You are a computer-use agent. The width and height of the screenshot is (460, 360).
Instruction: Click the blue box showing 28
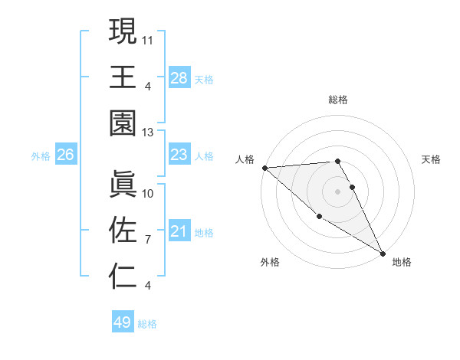tap(179, 77)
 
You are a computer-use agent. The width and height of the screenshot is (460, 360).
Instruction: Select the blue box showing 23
tap(179, 155)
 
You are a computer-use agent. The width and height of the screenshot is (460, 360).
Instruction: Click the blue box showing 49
tap(123, 322)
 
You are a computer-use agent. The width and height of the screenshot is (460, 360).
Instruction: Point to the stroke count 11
tap(148, 38)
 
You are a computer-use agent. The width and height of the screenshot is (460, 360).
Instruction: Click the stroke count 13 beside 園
tap(148, 133)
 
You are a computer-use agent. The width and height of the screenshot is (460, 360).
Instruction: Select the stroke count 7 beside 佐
tap(148, 240)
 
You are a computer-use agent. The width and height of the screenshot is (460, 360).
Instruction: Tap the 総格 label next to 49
tap(147, 324)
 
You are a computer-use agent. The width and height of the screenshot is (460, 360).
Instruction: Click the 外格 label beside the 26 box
tap(41, 156)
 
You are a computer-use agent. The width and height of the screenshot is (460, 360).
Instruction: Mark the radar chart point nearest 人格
tap(264, 168)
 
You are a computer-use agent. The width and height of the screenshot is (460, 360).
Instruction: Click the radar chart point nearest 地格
tap(382, 253)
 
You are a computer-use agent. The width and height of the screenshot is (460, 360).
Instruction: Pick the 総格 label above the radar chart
tap(338, 100)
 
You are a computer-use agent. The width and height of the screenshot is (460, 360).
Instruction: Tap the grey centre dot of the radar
tap(338, 191)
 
